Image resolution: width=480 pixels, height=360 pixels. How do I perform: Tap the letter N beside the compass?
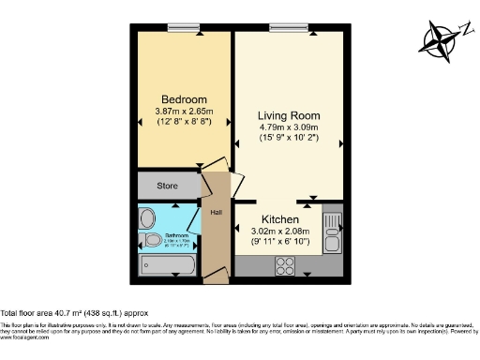pos(463,29)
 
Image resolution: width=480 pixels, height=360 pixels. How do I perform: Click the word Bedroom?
pos(184,99)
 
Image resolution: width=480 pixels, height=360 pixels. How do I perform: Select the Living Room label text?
pos(289,115)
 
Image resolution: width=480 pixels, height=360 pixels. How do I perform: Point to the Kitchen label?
pos(281,218)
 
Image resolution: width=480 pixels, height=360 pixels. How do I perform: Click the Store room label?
pos(169,185)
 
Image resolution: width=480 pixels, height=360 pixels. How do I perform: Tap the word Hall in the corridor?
pos(216,212)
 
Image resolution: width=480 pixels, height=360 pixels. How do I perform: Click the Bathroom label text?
pos(178,234)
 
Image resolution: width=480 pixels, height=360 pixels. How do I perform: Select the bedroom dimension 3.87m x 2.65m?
pos(184,112)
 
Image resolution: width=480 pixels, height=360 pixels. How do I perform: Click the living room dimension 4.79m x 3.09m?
pos(289,129)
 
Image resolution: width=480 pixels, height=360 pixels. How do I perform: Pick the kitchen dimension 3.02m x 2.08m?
pos(281,232)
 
